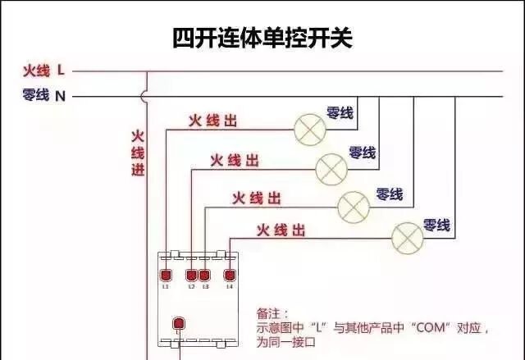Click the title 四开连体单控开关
point(262,38)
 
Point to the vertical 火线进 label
point(137,153)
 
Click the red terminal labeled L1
point(165,275)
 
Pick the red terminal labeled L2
point(192,275)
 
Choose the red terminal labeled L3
point(204,275)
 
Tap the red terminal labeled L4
point(230,275)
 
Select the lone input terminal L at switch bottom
point(176,322)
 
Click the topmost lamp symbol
point(308,127)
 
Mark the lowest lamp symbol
point(407,237)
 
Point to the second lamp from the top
point(331,167)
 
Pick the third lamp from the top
point(354,203)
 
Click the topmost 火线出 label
point(212,121)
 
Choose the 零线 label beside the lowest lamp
point(436,224)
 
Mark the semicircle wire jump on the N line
point(145,96)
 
